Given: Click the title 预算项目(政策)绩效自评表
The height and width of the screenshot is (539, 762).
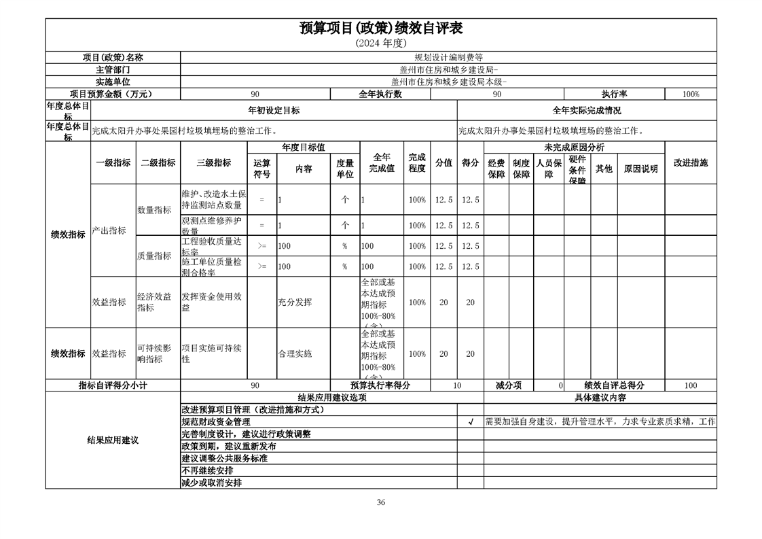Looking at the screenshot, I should [380, 29].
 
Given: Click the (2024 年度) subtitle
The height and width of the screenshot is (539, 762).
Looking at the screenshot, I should [380, 43].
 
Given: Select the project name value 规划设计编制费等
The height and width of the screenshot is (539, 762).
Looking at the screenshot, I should [448, 58].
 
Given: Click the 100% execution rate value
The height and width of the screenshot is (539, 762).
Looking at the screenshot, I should [691, 94].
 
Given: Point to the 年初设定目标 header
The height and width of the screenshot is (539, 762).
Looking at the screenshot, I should [274, 110].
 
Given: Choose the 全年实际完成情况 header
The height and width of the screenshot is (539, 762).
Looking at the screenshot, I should [587, 110].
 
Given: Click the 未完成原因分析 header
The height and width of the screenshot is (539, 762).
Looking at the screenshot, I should [574, 147].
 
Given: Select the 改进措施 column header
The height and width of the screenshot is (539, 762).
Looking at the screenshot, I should [690, 163].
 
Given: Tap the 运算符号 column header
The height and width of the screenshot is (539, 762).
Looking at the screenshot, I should [262, 169].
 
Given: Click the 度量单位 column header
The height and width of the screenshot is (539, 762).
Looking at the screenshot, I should [345, 169].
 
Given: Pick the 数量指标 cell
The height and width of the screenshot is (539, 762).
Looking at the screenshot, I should [154, 211].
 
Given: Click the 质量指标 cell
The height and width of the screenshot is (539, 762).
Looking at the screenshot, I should [154, 256].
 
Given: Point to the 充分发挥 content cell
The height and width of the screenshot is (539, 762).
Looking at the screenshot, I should [295, 302].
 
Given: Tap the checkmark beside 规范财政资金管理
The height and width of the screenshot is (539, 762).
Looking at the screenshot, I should [470, 421].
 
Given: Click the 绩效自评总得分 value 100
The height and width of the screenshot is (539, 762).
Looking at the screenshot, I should [690, 385].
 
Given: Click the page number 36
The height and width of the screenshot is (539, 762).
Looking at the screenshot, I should [381, 503].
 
